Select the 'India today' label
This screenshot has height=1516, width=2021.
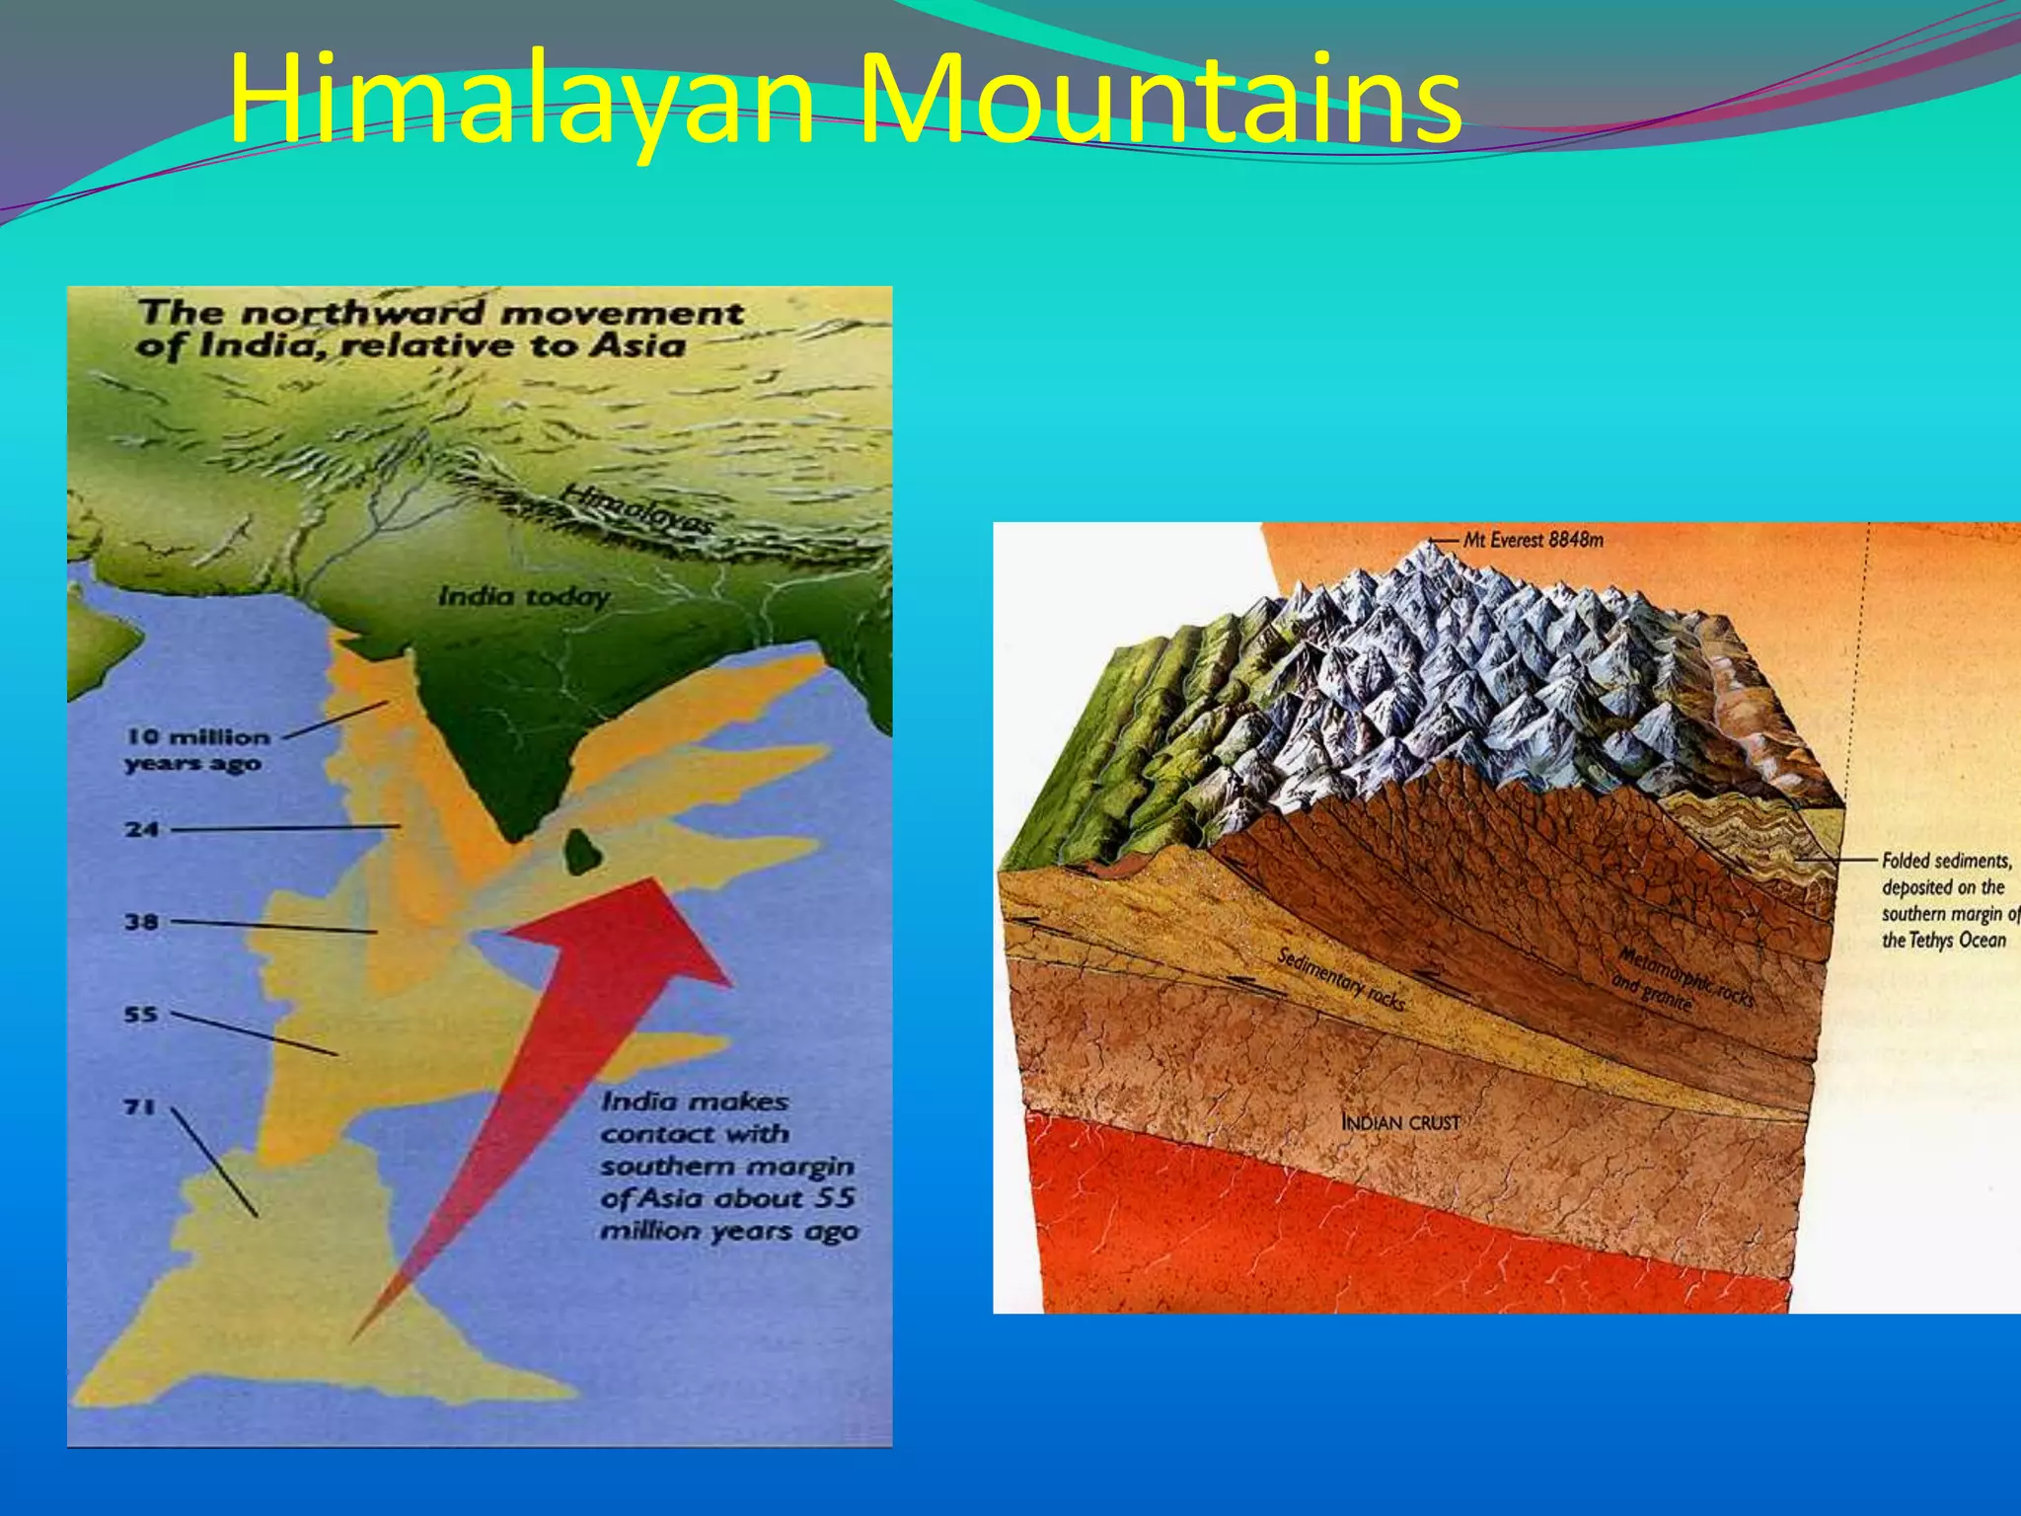point(523,596)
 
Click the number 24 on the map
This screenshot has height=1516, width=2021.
point(142,829)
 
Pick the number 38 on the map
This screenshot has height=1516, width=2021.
point(142,922)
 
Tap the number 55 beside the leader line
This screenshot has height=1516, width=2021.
point(141,1014)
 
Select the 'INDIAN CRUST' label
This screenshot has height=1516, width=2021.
point(1399,1122)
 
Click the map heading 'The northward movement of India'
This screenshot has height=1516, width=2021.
point(439,329)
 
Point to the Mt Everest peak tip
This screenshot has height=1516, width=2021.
point(1432,542)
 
